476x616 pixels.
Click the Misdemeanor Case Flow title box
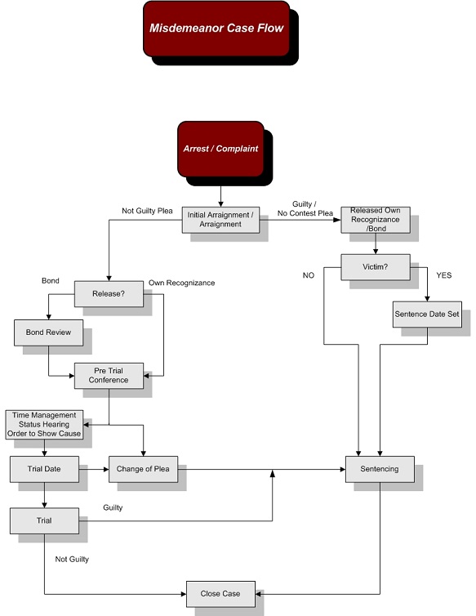[x=216, y=29]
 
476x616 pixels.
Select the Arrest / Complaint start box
[x=220, y=149]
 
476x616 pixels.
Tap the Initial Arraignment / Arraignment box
[x=220, y=220]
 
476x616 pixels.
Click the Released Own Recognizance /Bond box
[x=376, y=220]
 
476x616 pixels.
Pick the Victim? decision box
[x=376, y=267]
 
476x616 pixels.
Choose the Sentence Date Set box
[x=427, y=315]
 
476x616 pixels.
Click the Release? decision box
[x=109, y=294]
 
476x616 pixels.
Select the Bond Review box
[x=49, y=333]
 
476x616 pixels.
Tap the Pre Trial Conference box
[x=109, y=376]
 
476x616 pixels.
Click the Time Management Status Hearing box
[x=44, y=425]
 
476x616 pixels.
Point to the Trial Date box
[x=44, y=469]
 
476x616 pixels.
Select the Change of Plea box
[x=144, y=469]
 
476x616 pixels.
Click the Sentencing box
[x=380, y=469]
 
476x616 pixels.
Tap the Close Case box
[x=220, y=594]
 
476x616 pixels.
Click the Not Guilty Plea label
[x=147, y=211]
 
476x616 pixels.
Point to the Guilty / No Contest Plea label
[x=305, y=208]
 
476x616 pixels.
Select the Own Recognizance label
[x=181, y=283]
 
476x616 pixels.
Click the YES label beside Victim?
[x=444, y=275]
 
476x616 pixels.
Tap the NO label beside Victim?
[x=309, y=275]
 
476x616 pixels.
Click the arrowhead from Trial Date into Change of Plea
[x=106, y=469]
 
